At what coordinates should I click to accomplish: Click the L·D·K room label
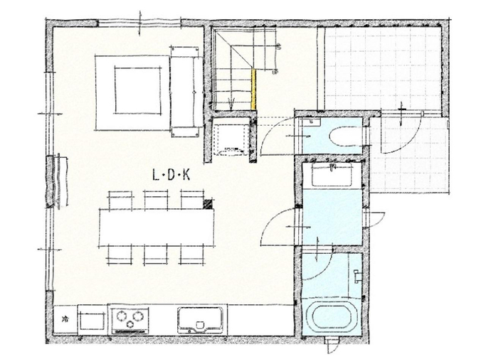click(171, 176)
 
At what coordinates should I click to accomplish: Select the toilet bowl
click(346, 136)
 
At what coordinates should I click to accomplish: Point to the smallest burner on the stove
click(131, 324)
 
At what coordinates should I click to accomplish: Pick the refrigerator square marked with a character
click(65, 319)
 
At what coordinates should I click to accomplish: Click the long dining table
click(157, 227)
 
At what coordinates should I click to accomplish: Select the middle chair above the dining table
click(156, 200)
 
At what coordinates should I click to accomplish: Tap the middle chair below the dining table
click(155, 255)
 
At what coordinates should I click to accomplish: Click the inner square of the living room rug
click(138, 90)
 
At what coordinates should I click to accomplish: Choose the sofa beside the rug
click(185, 92)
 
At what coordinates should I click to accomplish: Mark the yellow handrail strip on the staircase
click(253, 89)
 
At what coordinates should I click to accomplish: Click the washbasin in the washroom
click(332, 175)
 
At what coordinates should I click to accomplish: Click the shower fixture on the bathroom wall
click(357, 276)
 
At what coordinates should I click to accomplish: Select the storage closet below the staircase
click(231, 136)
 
